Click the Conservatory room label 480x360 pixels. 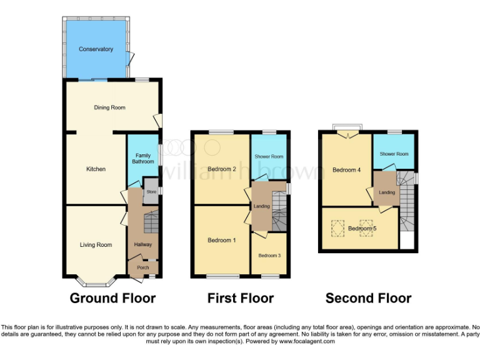[96, 49]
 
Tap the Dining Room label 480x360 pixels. [109, 107]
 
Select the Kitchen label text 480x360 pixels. [96, 169]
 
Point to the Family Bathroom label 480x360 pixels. [142, 158]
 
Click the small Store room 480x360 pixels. [151, 192]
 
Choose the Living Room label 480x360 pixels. [96, 244]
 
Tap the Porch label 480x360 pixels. [143, 267]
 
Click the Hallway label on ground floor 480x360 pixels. [142, 244]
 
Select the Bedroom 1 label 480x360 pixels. [221, 241]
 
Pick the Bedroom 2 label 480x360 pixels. [221, 169]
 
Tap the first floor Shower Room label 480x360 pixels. [268, 156]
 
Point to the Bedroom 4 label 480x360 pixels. [346, 170]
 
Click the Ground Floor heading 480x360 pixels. [112, 298]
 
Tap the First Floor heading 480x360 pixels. [241, 298]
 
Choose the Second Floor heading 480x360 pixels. [368, 298]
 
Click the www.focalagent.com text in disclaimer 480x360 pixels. [307, 341]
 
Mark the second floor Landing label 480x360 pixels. [387, 192]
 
